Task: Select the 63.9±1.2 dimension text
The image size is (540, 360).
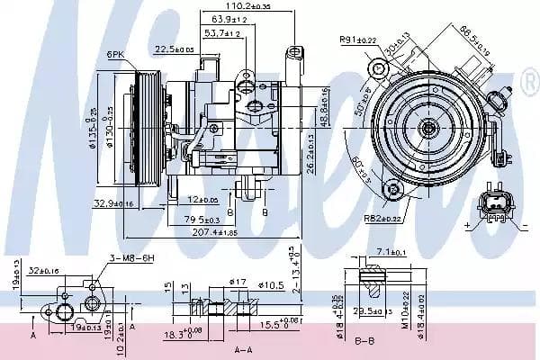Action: (x=229, y=18)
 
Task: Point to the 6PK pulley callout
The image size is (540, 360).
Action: (x=115, y=55)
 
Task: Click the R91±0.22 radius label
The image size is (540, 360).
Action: (x=357, y=39)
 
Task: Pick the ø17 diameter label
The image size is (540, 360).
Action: (x=238, y=283)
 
